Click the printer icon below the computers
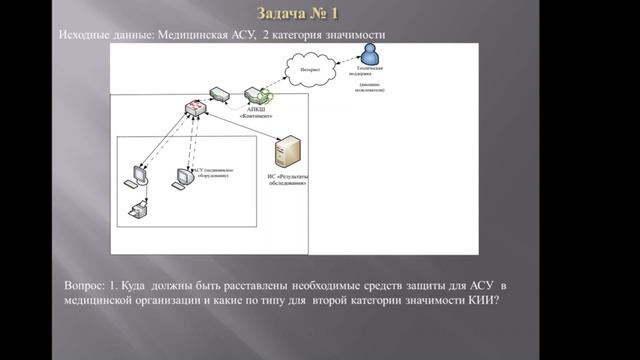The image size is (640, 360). coord(139,211)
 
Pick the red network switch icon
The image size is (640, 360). coord(193,107)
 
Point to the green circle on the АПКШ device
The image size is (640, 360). coord(265,95)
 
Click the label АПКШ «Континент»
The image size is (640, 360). coord(257,111)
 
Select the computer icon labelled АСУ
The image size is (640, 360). coord(184,176)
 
